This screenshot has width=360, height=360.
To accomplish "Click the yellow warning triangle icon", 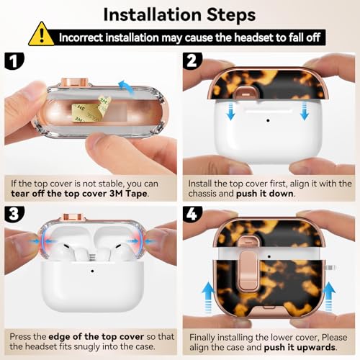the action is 41,34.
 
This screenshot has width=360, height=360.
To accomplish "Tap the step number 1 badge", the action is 14,61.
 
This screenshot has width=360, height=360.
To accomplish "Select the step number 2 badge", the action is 192,61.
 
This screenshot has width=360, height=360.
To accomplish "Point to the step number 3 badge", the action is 14,213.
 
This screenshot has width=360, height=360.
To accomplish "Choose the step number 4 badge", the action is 192,214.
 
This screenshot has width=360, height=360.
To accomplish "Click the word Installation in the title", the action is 153,15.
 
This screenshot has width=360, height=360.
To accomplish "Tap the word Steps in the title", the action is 231,15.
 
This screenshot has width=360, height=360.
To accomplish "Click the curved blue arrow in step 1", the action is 127,88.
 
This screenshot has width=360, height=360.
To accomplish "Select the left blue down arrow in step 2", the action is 230,111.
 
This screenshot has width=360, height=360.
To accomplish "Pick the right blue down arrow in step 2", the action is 305,111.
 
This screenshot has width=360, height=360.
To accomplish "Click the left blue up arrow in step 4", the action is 208,297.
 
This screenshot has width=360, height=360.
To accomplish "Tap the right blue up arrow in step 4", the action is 328,297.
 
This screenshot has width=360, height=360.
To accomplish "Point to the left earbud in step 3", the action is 63,252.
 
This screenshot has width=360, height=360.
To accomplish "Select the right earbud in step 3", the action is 122,252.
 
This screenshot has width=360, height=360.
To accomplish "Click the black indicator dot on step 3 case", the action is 92,271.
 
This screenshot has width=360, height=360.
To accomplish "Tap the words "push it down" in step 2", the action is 265,194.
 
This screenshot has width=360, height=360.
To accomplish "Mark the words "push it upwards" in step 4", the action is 300,348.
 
